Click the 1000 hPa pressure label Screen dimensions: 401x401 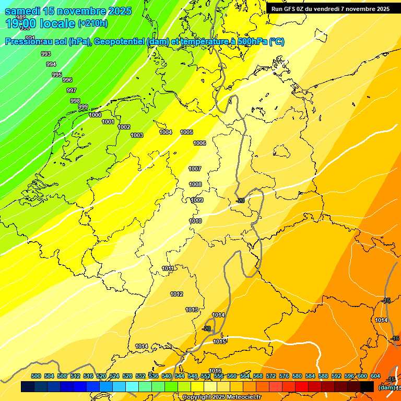(x=95, y=115)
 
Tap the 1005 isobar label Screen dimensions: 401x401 (x=186, y=132)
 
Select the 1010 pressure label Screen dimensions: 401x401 (x=195, y=221)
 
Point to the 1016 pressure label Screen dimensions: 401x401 (x=215, y=371)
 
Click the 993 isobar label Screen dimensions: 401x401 (x=46, y=54)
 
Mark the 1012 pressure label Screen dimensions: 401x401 (x=176, y=294)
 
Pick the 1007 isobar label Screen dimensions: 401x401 (x=195, y=169)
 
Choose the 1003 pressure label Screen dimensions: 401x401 (x=137, y=135)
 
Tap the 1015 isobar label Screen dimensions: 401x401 (x=219, y=341)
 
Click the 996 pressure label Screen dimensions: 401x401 (x=67, y=80)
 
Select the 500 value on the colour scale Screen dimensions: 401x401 (x=36, y=376)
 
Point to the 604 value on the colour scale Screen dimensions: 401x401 (x=375, y=376)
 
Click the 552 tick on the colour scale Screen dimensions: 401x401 (x=206, y=376)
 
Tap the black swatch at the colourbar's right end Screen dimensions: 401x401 (x=367, y=386)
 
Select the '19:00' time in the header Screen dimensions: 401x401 (x=21, y=23)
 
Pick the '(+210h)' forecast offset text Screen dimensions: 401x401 (x=92, y=23)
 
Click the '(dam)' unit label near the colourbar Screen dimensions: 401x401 (x=386, y=388)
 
